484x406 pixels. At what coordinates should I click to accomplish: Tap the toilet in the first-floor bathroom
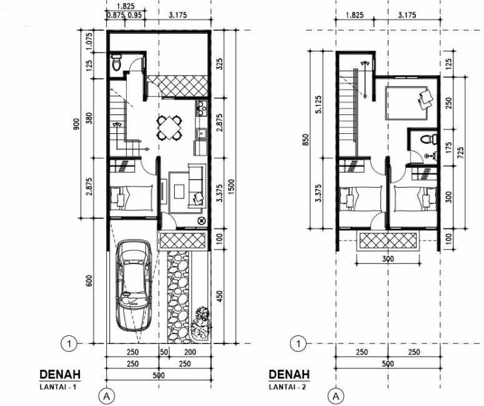pos(116,63)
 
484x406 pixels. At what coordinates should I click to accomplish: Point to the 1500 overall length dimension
pos(232,185)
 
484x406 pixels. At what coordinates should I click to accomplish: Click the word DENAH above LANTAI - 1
pos(59,375)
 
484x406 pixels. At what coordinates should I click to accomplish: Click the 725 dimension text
pos(461,153)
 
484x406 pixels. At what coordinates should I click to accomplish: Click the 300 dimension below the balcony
pos(388,258)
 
